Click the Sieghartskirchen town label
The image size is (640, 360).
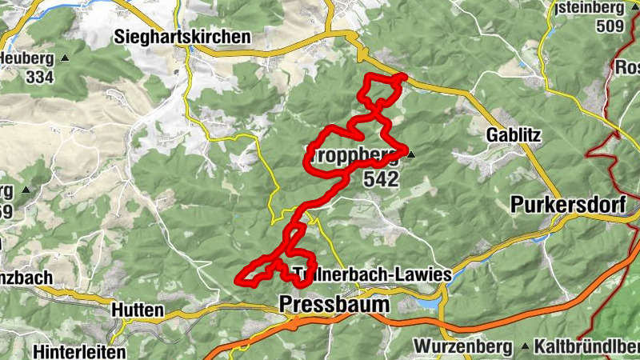coord(182,37)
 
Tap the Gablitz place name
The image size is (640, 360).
coord(512,136)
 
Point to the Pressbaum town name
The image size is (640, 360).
coord(334,305)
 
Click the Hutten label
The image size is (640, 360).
coord(138,310)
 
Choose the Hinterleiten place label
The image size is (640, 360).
coord(80,351)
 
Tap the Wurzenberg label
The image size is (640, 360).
coord(462,346)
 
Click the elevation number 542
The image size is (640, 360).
coord(380,180)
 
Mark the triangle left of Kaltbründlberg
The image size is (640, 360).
coord(525,347)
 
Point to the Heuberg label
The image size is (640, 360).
coord(27,58)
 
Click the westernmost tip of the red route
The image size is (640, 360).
coord(237,279)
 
